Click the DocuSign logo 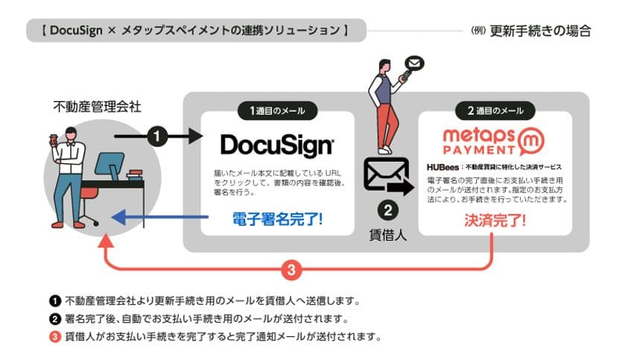277,143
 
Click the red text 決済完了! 495,220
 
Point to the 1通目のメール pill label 277,111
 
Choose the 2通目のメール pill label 495,111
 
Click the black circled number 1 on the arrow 157,136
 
